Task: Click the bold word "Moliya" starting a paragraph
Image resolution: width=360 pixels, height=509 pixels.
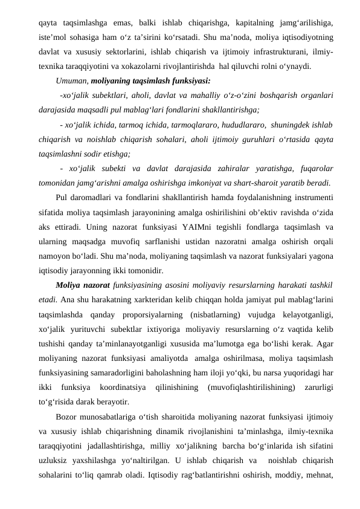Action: (x=69, y=284)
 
